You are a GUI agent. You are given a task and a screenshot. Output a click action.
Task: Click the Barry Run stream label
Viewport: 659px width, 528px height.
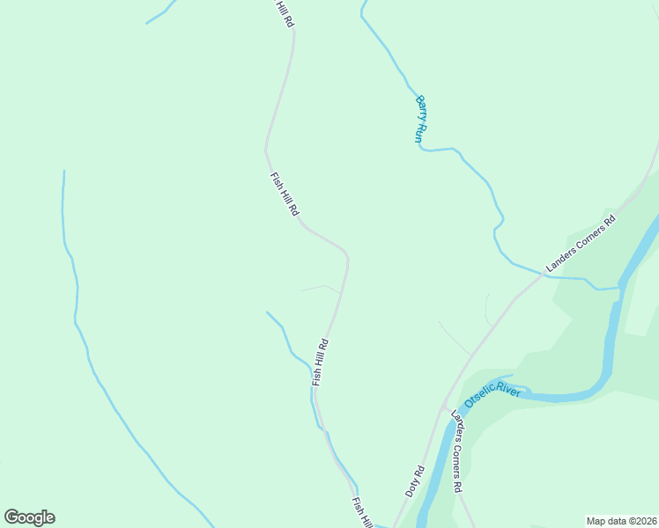(x=421, y=120)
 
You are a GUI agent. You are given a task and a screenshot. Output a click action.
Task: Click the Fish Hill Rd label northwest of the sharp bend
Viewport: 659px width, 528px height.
(x=285, y=194)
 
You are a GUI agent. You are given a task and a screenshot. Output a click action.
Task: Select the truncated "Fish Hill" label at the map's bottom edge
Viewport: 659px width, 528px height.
(x=361, y=512)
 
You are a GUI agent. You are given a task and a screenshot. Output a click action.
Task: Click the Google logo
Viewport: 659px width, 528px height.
(x=29, y=517)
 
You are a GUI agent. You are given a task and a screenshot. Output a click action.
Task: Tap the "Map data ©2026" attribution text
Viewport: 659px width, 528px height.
(x=621, y=521)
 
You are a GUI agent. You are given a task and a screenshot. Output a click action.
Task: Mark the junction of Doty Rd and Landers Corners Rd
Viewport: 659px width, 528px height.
(x=443, y=408)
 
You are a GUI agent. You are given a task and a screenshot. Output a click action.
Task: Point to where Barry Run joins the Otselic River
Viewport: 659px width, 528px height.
(x=620, y=286)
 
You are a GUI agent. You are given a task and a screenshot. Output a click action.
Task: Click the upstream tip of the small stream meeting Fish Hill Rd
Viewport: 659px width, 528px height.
(x=267, y=312)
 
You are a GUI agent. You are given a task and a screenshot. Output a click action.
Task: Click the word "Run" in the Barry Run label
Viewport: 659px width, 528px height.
(x=419, y=133)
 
